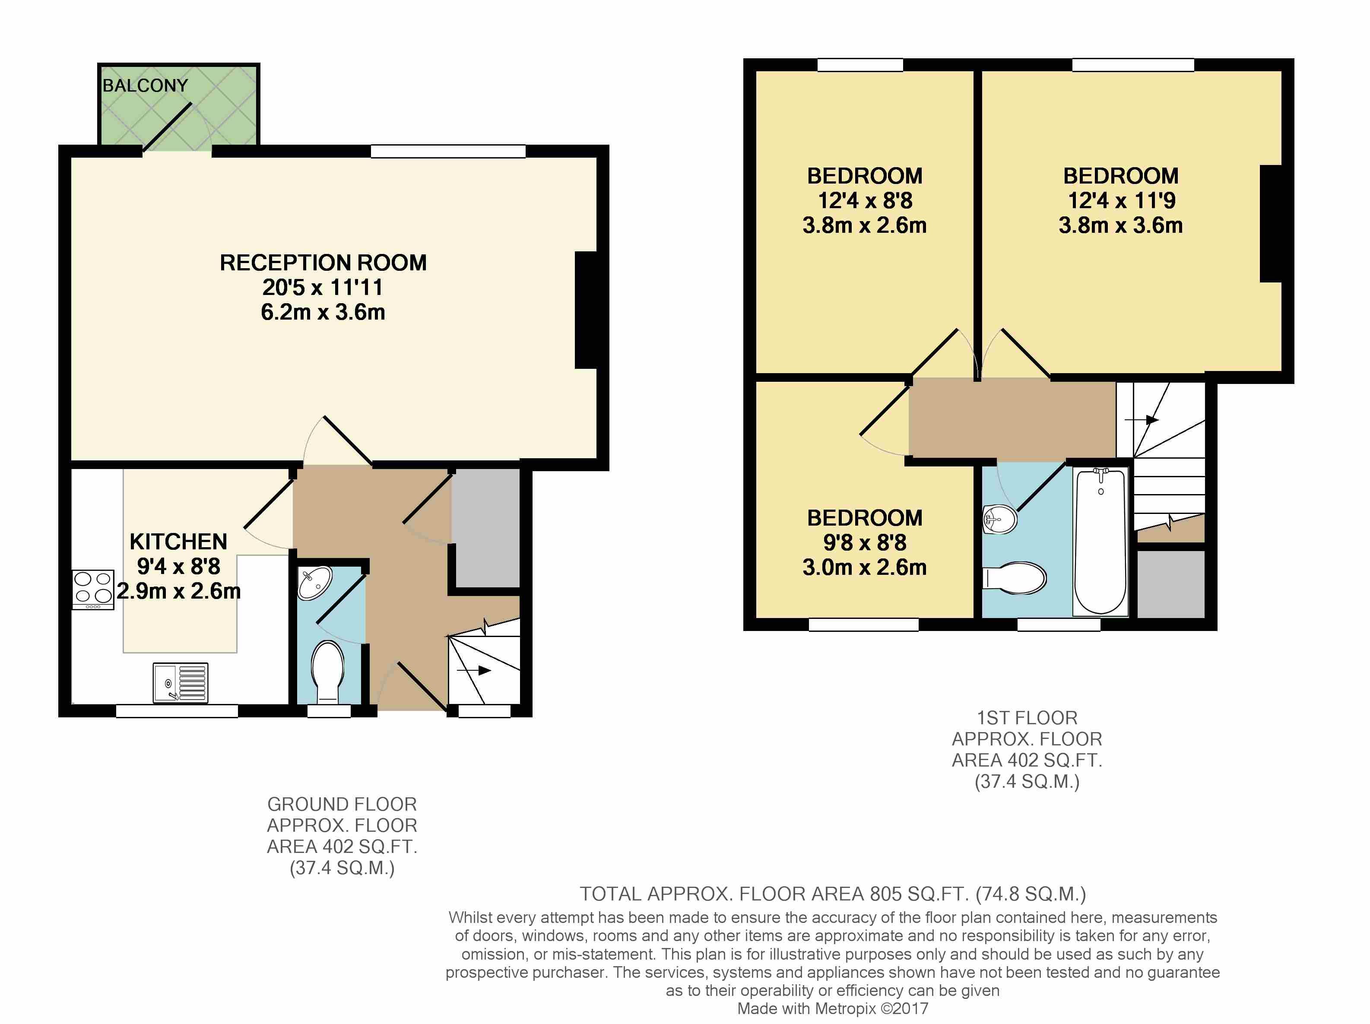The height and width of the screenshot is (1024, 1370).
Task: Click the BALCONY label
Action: tap(145, 86)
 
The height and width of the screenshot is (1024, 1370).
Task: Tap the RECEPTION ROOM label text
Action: tap(323, 263)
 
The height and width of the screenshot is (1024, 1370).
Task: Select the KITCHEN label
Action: tap(178, 542)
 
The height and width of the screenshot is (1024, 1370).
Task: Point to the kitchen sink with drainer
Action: tap(180, 683)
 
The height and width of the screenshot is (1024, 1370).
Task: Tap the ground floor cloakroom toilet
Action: tap(328, 672)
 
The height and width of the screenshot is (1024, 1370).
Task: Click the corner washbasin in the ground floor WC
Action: tap(314, 582)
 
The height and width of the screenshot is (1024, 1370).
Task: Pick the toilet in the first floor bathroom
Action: tap(1015, 578)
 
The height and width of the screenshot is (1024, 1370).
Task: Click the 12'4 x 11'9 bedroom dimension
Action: tap(1122, 201)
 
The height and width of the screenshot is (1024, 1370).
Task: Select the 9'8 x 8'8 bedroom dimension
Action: tap(865, 543)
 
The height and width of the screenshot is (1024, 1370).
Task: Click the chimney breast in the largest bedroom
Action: tap(1271, 224)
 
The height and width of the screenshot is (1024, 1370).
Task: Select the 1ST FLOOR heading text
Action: tap(1027, 718)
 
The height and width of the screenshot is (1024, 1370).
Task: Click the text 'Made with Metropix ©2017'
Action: tap(832, 1008)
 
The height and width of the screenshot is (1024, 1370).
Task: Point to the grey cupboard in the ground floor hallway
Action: tap(486, 528)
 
